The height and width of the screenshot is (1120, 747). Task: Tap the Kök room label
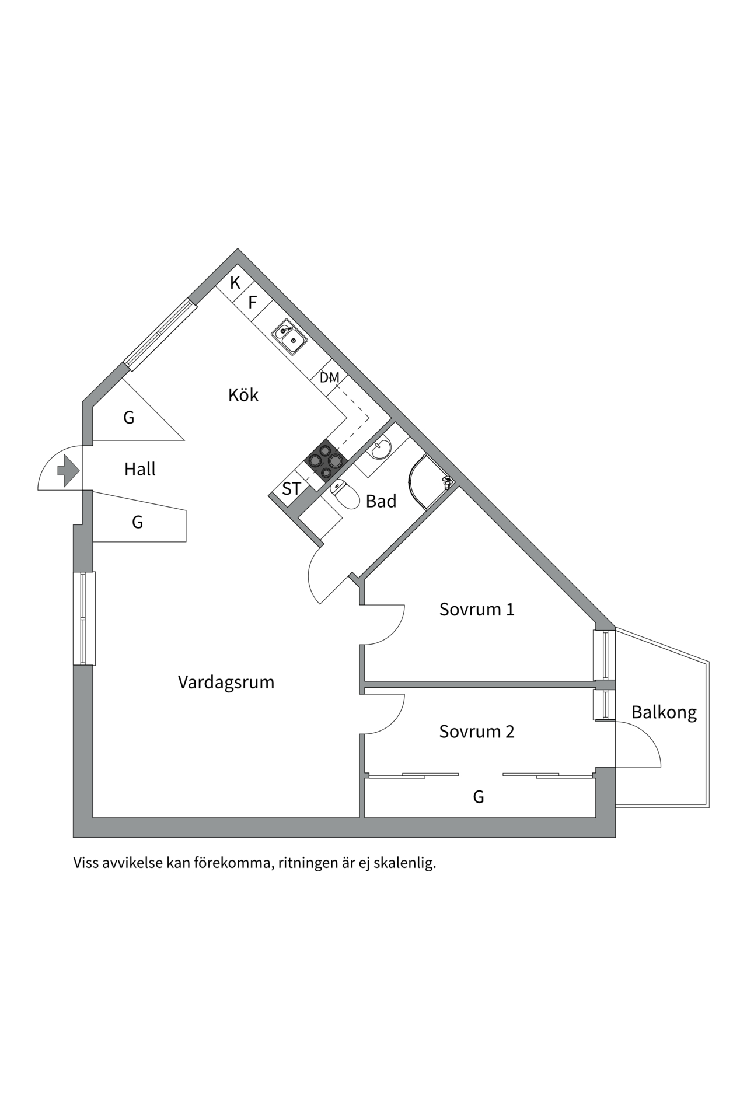[x=243, y=395]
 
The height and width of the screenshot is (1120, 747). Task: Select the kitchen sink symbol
[x=289, y=338]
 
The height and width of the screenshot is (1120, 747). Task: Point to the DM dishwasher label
[x=329, y=377]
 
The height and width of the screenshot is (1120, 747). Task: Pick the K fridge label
[x=235, y=283]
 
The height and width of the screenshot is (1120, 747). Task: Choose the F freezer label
[x=253, y=302]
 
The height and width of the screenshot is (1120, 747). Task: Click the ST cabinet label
[x=291, y=488]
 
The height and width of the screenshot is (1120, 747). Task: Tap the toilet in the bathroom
[x=346, y=495]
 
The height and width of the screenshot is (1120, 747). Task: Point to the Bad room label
[x=381, y=501]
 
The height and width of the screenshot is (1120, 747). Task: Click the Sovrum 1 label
[x=476, y=609]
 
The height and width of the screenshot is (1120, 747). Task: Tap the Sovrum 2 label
[x=476, y=731]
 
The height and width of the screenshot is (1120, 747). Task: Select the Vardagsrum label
[x=226, y=682]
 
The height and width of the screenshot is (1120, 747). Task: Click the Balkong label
[x=664, y=712]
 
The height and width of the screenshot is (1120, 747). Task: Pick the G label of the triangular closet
[x=129, y=417]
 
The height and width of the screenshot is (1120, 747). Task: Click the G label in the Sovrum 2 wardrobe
[x=478, y=796]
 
